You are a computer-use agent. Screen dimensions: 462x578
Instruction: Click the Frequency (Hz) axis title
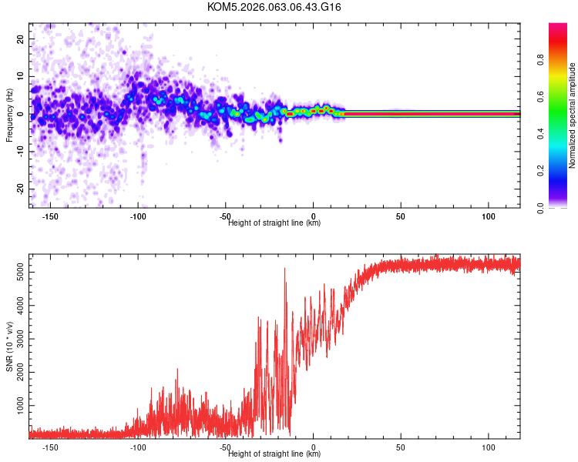point(9,115)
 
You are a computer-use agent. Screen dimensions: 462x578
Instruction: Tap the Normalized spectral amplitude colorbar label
point(572,115)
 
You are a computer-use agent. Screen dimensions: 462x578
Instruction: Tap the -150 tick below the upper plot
point(50,217)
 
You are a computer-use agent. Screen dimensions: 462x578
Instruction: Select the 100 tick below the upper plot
point(488,217)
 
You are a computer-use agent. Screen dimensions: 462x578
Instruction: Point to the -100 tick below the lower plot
point(138,447)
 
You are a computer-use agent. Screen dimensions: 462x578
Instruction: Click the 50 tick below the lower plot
point(401,447)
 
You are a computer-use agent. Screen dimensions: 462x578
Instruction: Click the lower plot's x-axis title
point(274,454)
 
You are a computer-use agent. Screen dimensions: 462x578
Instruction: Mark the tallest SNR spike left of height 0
point(284,269)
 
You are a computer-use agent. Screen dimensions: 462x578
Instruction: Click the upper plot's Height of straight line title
point(274,223)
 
